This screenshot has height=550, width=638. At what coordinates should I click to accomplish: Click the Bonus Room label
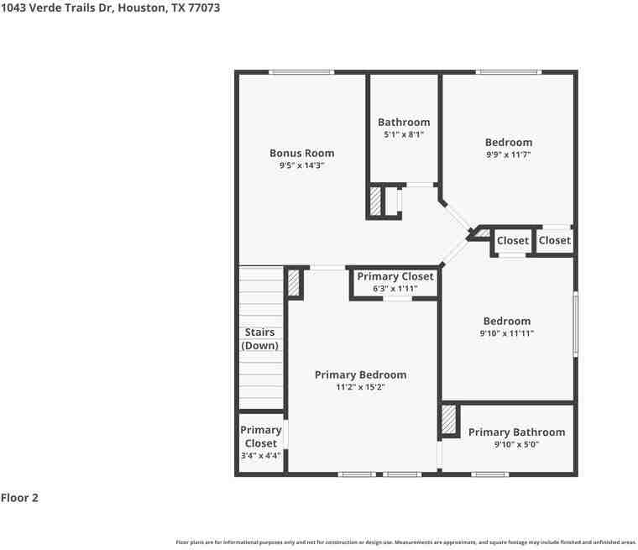[301, 153]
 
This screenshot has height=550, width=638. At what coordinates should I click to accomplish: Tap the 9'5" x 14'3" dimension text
[301, 166]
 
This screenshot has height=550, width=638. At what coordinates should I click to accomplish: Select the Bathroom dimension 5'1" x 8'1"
[404, 134]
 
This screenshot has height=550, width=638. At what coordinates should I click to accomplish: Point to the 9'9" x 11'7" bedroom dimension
[508, 155]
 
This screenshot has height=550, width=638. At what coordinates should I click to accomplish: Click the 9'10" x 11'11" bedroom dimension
[507, 333]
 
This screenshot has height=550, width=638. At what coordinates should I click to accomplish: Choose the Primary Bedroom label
[360, 375]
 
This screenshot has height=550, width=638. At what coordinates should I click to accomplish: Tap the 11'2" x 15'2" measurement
[360, 388]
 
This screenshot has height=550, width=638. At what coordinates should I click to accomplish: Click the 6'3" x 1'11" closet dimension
[395, 289]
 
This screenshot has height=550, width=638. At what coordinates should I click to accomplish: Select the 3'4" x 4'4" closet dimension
[260, 456]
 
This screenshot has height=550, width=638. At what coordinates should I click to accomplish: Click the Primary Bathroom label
[516, 432]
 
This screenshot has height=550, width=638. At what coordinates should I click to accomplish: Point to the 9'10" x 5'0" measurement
[516, 445]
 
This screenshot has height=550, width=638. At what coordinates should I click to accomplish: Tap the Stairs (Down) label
[260, 338]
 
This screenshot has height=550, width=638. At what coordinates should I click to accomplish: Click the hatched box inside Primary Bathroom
[449, 420]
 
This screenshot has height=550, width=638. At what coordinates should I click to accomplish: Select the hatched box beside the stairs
[294, 282]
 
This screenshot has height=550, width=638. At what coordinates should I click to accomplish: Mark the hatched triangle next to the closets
[483, 233]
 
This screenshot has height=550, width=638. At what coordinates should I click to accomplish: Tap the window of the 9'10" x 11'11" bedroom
[575, 322]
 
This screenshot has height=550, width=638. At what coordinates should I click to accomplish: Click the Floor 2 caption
[19, 498]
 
